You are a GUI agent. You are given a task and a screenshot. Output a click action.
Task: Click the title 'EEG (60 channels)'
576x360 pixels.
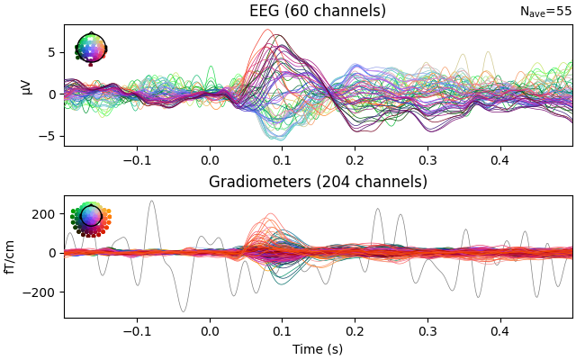pos(318,11)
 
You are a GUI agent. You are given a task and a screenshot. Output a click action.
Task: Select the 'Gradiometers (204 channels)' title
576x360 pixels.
pos(318,182)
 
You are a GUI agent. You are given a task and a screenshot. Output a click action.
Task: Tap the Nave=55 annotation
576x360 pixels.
pos(545,12)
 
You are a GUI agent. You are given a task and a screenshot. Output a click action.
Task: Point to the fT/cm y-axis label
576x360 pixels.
pos(11,256)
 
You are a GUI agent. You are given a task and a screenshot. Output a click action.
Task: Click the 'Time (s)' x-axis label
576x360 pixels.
pos(318,349)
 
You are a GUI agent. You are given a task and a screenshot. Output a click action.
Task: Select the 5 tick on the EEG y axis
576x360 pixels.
pos(52,52)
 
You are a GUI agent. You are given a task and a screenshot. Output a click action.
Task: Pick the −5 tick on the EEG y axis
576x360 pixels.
pos(49,136)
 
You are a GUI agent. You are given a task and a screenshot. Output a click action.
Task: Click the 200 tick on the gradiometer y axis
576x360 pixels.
pos(45,213)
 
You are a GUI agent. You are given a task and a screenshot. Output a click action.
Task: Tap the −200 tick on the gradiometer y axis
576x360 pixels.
pos(41,292)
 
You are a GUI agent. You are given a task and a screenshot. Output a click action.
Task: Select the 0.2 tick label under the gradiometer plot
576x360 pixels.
pos(355,330)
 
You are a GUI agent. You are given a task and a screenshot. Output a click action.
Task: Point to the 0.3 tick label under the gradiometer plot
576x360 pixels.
pos(427,330)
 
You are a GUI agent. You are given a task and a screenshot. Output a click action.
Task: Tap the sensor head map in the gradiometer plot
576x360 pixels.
pos(91,218)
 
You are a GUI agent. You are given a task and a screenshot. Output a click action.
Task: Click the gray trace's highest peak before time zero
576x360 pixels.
pos(151,201)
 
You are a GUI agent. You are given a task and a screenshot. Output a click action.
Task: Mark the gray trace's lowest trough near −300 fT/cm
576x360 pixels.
pos(184,311)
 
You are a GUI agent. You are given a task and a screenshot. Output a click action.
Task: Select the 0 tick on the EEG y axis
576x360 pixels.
pos(52,94)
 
